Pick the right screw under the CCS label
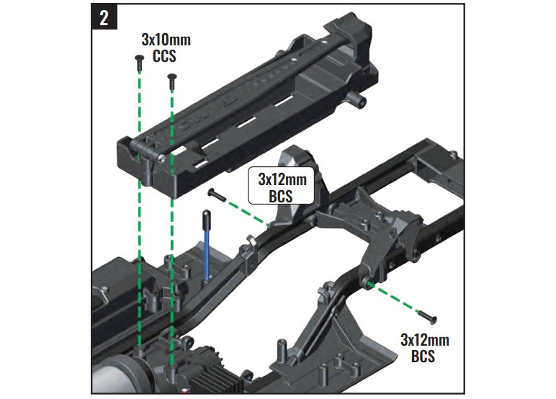171,80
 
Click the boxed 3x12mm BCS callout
280,185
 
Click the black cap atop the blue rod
206,217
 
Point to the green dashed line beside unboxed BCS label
396,298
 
